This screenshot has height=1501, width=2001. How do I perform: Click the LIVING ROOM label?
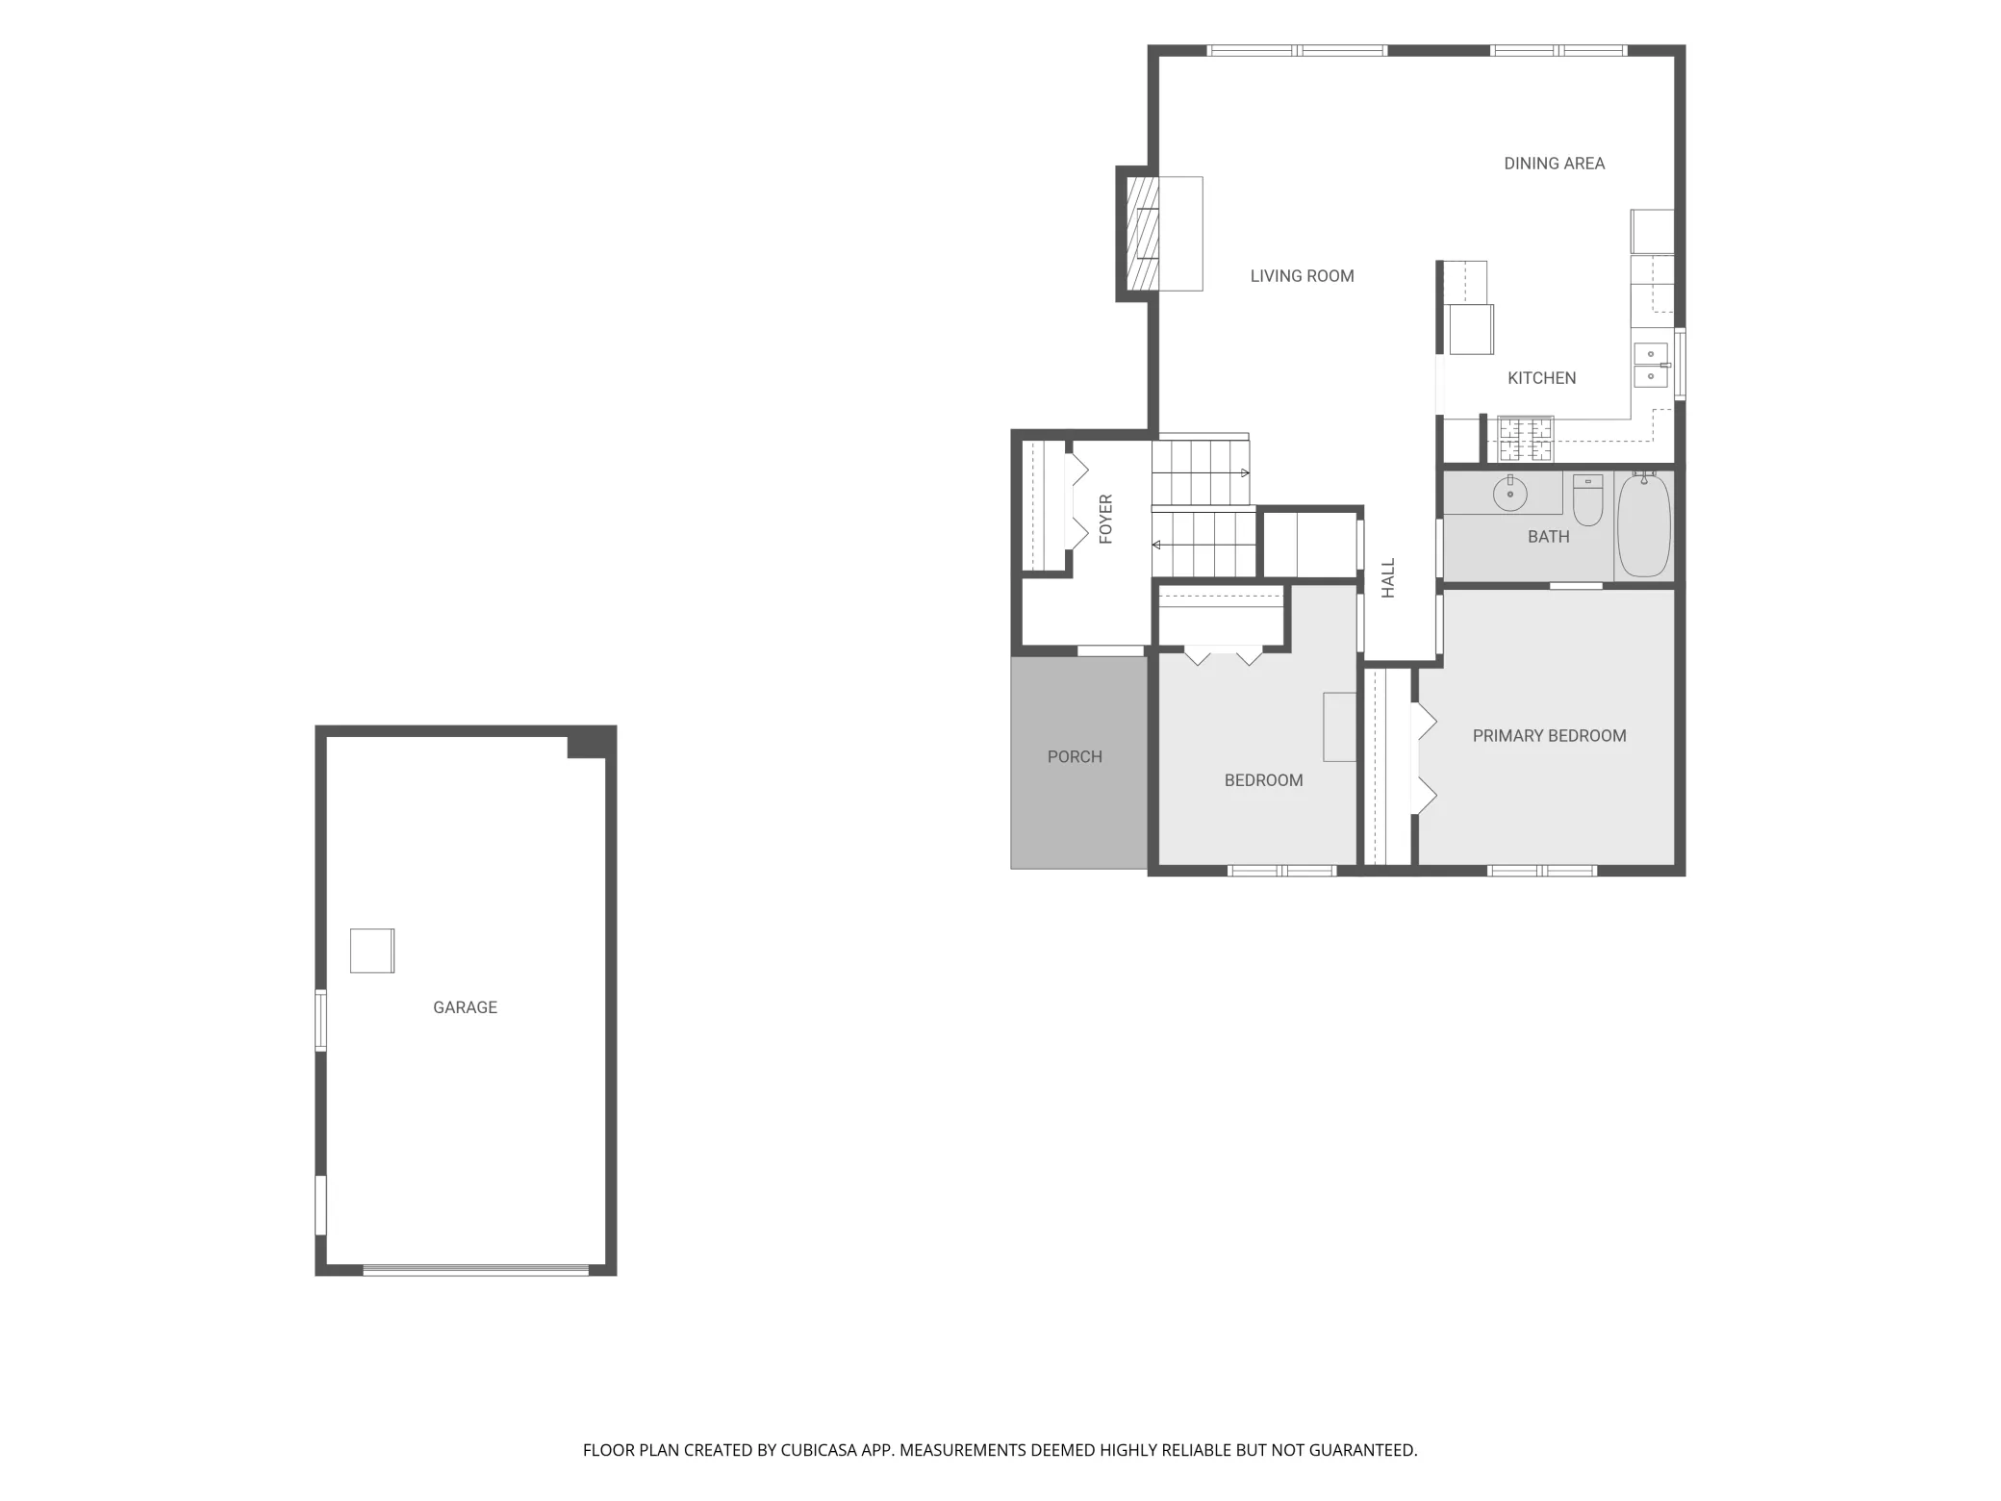1302,276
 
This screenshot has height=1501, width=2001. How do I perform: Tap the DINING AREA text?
1554,164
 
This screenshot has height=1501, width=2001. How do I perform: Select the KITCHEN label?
1541,378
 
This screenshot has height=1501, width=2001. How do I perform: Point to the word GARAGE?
465,1007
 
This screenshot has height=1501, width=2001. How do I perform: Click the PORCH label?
1075,757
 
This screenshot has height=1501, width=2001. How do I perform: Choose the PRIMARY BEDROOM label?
1549,736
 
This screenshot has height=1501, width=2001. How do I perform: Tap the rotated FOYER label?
1105,520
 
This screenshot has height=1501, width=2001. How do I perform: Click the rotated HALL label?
1388,578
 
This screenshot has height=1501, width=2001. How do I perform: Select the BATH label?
1548,537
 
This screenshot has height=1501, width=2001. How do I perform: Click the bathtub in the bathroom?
1643,525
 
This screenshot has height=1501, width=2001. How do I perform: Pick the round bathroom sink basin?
1510,495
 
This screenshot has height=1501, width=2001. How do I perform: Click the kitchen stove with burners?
1526,440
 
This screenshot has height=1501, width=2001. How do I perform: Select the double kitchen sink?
1651,366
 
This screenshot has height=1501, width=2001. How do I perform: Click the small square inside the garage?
372,951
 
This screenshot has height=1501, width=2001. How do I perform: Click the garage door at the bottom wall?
475,1270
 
